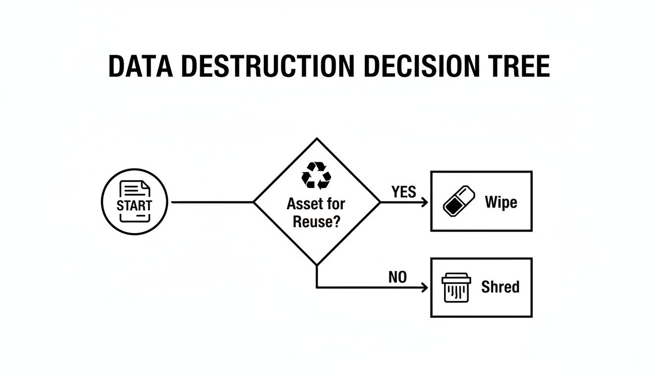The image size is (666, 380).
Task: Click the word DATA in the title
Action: [140, 67]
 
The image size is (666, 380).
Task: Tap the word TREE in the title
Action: [520, 67]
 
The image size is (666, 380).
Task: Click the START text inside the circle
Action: [134, 205]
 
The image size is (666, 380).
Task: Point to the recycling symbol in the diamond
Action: [316, 176]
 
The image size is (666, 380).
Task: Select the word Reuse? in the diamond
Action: [316, 221]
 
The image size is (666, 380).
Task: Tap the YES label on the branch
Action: [403, 192]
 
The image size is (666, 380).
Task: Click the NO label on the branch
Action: [397, 278]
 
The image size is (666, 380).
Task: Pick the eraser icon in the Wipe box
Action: [458, 201]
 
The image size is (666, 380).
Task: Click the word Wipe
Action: [501, 202]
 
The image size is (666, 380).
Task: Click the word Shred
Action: [500, 287]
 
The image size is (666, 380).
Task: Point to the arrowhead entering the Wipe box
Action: [425, 202]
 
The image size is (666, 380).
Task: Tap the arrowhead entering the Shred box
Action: [425, 287]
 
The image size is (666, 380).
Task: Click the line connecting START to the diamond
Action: [211, 202]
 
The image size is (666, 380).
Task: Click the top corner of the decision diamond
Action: [317, 139]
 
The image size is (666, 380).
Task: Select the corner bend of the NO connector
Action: [317, 287]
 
